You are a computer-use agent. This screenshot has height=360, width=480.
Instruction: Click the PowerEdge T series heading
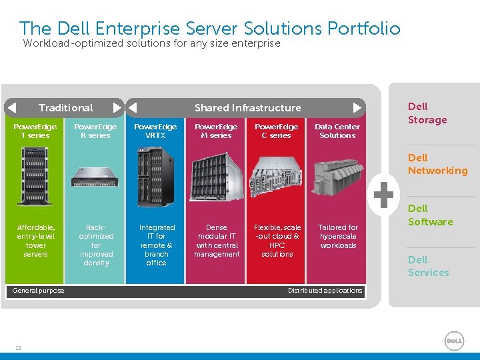[x=35, y=131]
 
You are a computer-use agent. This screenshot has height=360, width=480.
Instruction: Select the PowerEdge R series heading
[x=95, y=131]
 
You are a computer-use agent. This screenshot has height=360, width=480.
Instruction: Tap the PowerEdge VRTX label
[x=156, y=131]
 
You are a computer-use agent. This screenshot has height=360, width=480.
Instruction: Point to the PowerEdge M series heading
[x=216, y=131]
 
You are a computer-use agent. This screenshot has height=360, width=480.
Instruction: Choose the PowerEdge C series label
[x=277, y=131]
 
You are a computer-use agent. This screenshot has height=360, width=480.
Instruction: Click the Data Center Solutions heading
[x=337, y=131]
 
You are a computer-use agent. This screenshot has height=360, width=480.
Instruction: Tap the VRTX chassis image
[x=155, y=177]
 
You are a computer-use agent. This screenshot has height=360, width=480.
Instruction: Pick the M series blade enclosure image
[x=216, y=177]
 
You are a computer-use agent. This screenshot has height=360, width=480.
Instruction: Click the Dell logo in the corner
[x=454, y=341]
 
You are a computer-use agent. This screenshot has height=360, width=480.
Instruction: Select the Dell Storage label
[x=427, y=113]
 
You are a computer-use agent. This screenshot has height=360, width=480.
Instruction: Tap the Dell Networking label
[x=437, y=164]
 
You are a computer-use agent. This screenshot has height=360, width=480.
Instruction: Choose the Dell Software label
[x=430, y=215]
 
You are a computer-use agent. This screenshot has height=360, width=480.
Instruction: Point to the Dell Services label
[x=428, y=266]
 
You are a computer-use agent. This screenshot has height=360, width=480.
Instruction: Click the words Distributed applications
[x=325, y=291]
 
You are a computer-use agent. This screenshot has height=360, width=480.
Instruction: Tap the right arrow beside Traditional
[x=117, y=107]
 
